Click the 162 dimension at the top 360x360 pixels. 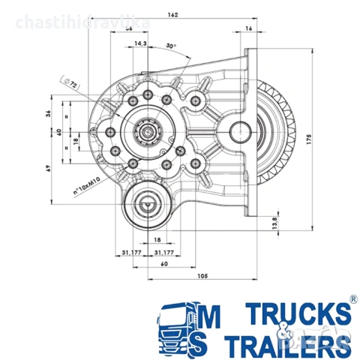point(173,14)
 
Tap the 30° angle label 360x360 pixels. point(171,46)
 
